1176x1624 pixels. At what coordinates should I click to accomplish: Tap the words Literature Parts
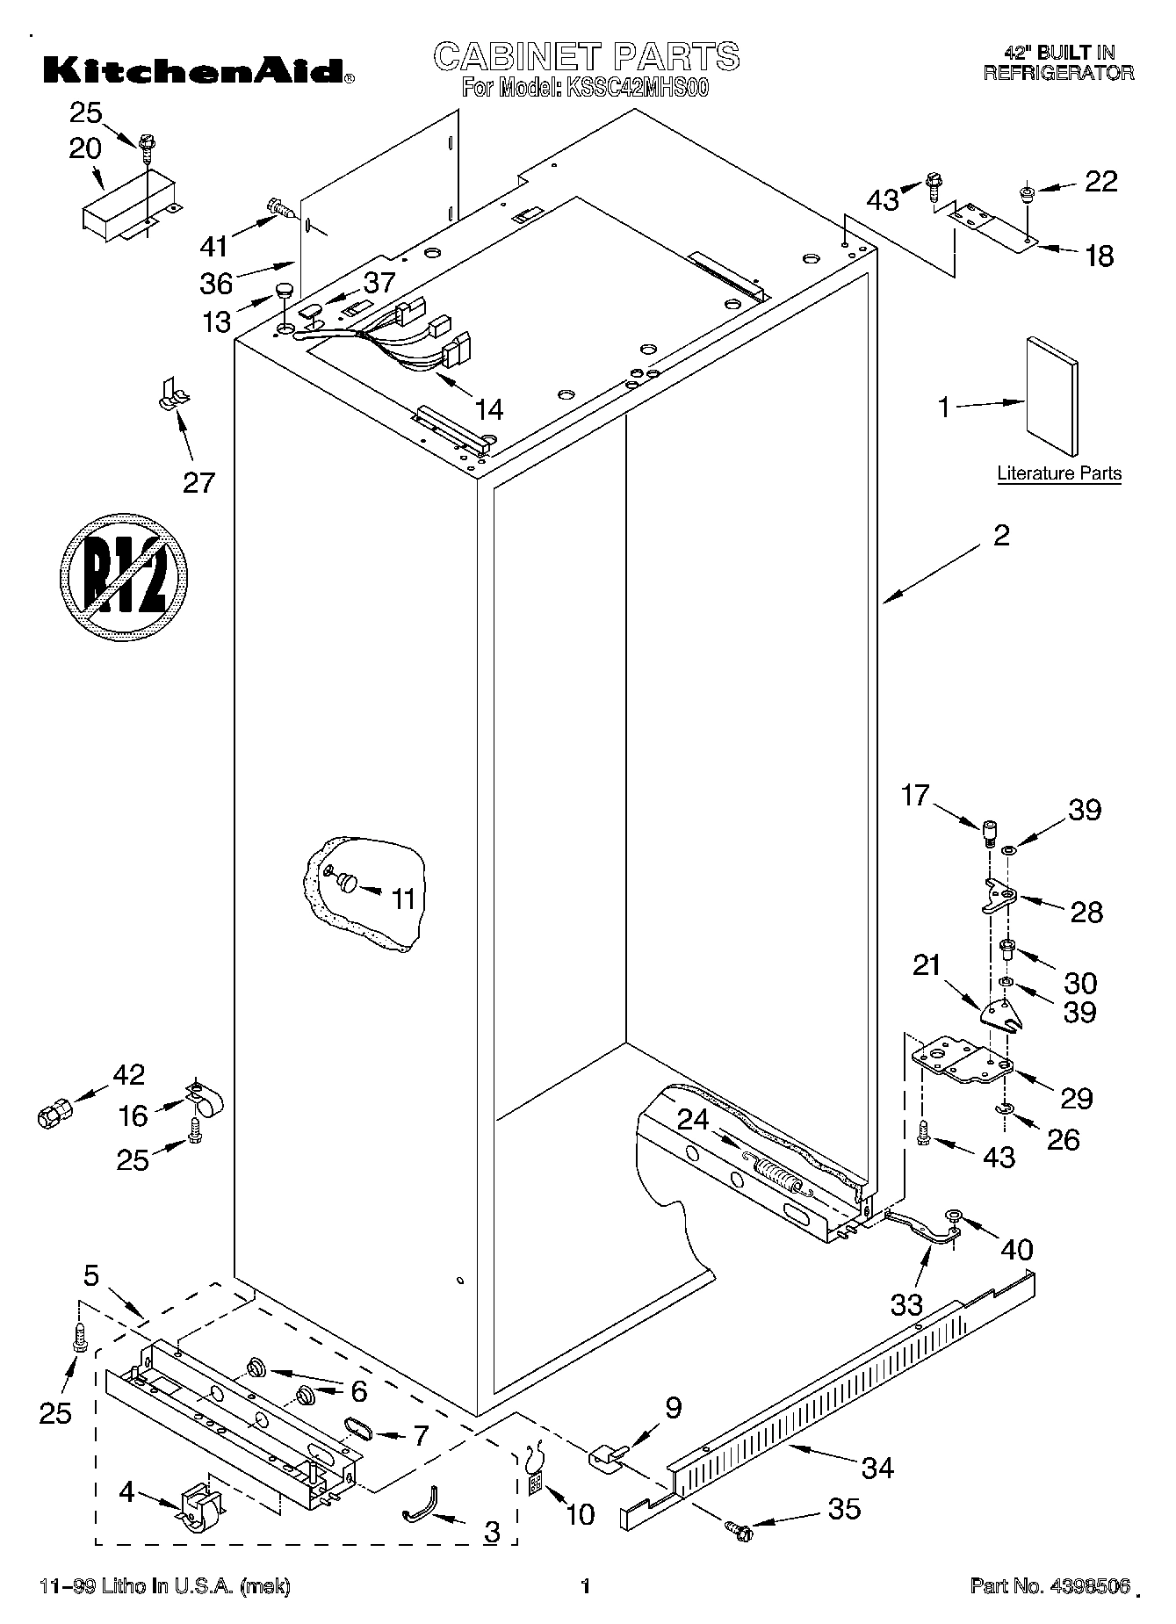(1058, 473)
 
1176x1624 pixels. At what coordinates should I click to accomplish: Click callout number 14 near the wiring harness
(488, 408)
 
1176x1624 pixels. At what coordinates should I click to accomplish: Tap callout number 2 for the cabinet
(1001, 535)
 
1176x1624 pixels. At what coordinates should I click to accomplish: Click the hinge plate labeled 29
(963, 1063)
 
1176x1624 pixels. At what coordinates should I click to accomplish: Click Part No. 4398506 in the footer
(1049, 1586)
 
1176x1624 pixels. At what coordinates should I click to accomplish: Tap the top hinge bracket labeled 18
(997, 224)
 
